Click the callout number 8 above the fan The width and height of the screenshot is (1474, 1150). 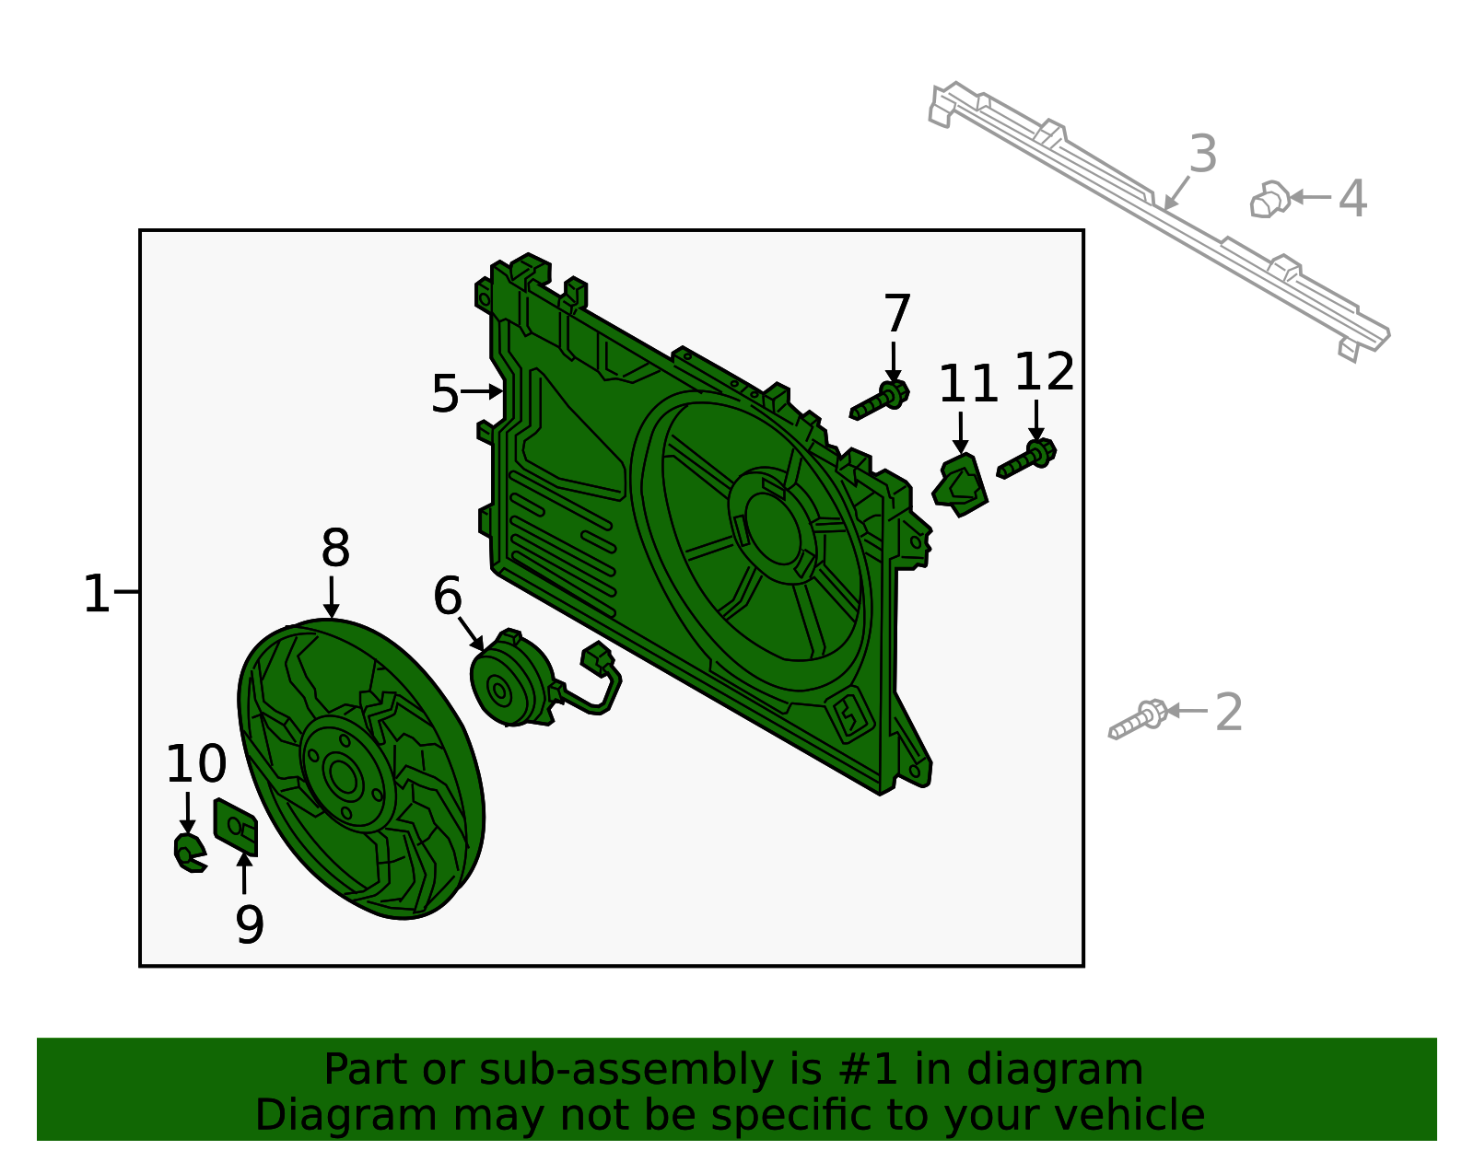point(335,549)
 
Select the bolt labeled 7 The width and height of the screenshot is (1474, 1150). point(880,401)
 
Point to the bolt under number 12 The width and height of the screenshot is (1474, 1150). point(1027,459)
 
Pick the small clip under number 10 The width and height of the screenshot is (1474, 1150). point(189,853)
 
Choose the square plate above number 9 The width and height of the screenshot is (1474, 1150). point(235,825)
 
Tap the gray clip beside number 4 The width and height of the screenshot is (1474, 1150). point(1270,199)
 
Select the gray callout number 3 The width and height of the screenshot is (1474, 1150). point(1203,155)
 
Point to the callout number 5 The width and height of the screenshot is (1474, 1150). point(444,394)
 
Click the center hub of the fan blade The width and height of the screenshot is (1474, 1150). point(344,778)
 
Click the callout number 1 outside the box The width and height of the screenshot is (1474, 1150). point(96,594)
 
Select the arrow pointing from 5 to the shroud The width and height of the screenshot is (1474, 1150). point(482,391)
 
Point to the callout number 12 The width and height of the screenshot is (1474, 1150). point(1044,373)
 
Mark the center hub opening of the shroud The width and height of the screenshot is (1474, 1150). point(772,529)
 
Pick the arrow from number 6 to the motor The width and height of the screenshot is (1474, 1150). point(471,633)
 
